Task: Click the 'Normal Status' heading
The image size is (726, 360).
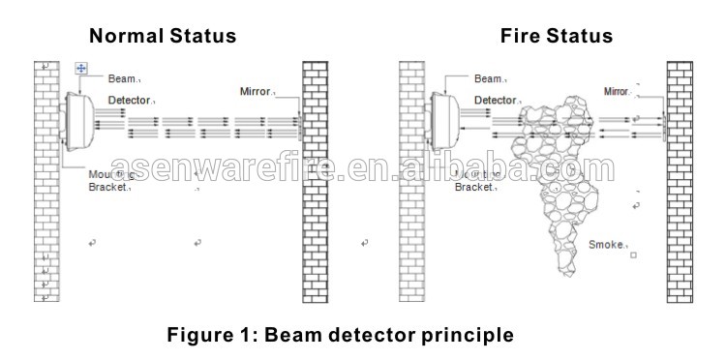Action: (163, 37)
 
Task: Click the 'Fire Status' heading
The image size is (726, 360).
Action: (556, 37)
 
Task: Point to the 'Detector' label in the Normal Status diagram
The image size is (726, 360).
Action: (128, 100)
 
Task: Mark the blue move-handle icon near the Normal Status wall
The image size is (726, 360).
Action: (81, 68)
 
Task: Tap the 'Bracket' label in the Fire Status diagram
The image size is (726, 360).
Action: (474, 187)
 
